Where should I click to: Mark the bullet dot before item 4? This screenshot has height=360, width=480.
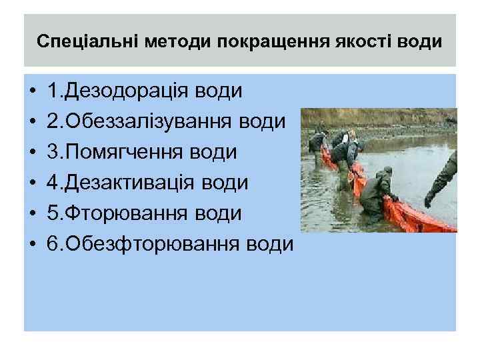tap(33, 183)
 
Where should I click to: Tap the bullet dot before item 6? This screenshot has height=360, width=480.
tap(33, 244)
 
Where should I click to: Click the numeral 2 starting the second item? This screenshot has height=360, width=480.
tap(53, 121)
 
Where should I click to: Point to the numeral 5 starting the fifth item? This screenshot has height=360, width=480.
tap(53, 213)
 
